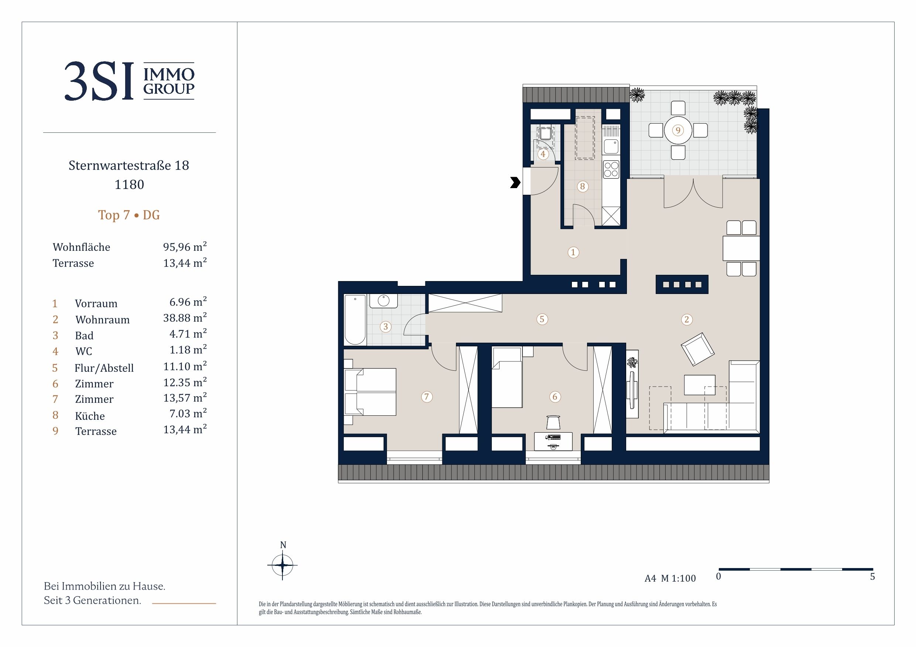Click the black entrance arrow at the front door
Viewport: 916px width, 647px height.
click(x=515, y=183)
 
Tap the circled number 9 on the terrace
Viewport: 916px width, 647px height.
click(x=678, y=130)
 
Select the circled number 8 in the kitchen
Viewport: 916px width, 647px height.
click(x=583, y=186)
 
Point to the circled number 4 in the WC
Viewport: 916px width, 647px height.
click(x=543, y=154)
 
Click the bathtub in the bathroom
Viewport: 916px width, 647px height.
click(x=355, y=320)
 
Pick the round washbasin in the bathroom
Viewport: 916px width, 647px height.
click(x=383, y=300)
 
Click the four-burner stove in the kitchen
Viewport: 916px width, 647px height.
click(x=611, y=169)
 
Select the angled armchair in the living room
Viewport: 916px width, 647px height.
click(x=697, y=349)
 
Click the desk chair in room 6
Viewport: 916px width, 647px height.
click(x=553, y=422)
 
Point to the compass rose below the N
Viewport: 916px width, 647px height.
click(x=282, y=565)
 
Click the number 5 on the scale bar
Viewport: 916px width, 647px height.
click(x=872, y=577)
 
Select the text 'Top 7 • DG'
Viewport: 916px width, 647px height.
click(x=129, y=215)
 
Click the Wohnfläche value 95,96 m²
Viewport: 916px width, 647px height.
click(x=185, y=246)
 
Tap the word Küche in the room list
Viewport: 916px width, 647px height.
click(x=90, y=416)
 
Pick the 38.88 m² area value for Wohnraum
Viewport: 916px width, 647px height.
click(x=185, y=318)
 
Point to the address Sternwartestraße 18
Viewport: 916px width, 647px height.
click(x=129, y=165)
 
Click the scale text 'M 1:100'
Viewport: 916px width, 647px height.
click(x=678, y=578)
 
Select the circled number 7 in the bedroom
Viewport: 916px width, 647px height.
click(x=426, y=397)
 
